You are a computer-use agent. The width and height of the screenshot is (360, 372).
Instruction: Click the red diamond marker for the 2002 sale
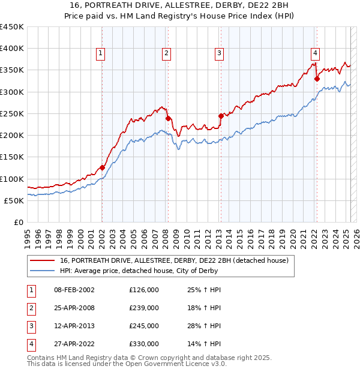click(103, 167)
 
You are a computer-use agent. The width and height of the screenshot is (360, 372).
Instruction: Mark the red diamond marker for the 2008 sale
click(169, 118)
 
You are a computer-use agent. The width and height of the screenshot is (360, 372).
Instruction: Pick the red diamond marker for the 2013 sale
click(221, 116)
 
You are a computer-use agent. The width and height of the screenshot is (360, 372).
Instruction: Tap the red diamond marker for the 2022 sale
click(317, 79)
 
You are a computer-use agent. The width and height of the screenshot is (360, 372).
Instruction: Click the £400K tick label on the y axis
click(12, 49)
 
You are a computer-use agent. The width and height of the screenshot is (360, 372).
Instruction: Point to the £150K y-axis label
click(12, 157)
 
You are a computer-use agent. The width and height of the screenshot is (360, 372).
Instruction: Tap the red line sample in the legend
click(41, 260)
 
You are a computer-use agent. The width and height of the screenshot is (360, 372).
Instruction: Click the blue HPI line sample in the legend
click(41, 271)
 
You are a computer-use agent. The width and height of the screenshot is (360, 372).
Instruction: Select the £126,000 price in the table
click(144, 290)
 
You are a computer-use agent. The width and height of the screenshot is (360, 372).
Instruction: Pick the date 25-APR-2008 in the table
click(74, 308)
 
